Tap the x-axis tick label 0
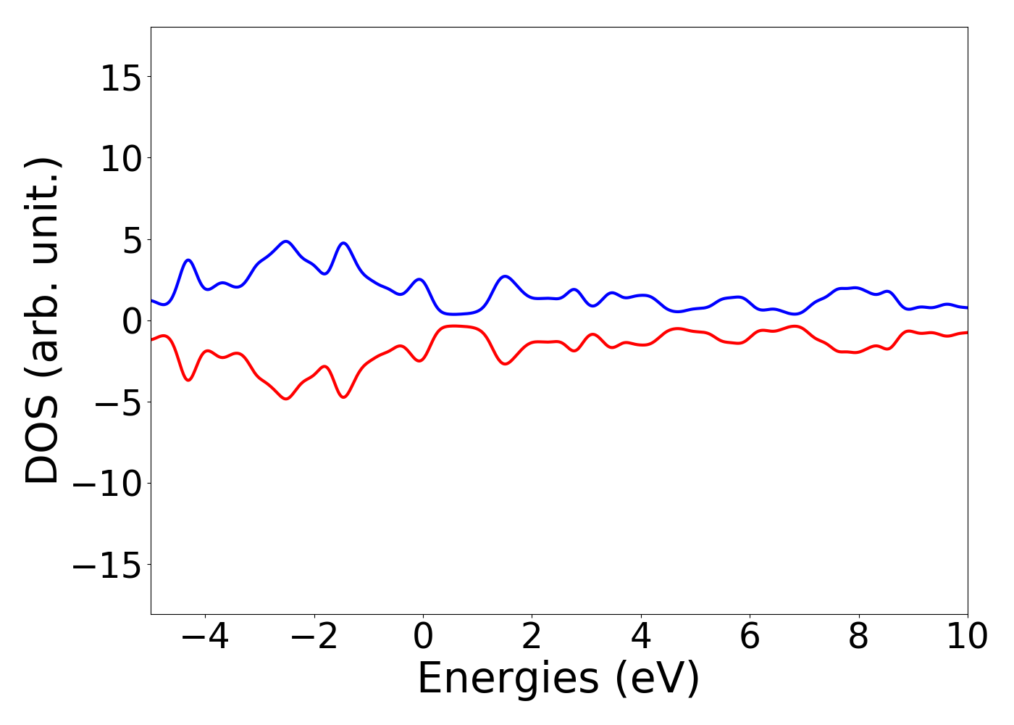[423, 637]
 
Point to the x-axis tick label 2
[532, 637]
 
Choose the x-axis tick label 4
[641, 637]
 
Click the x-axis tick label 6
[750, 637]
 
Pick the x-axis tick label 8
[858, 637]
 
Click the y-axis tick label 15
[121, 78]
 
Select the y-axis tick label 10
[121, 159]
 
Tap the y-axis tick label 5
[131, 240]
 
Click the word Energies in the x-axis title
[508, 679]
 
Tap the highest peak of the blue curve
[286, 241]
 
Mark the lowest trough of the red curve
[286, 399]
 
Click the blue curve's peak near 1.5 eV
[506, 276]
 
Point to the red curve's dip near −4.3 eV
[188, 380]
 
